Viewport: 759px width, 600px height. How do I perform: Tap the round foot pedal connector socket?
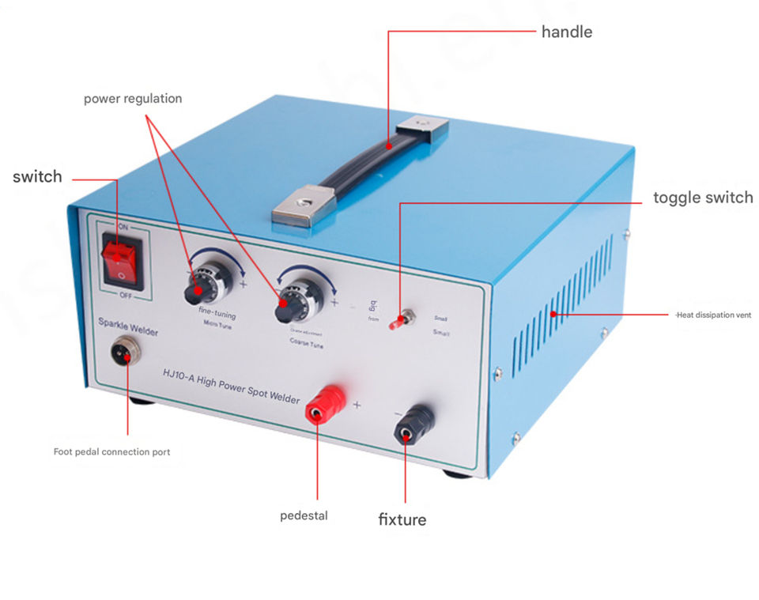click(124, 349)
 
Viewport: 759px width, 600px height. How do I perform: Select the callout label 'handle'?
click(566, 32)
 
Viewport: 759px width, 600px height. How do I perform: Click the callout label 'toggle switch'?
click(703, 198)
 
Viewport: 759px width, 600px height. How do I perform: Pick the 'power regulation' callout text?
click(133, 99)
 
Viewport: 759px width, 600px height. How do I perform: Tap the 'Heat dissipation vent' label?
click(713, 315)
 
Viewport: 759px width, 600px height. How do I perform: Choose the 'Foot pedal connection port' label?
click(111, 452)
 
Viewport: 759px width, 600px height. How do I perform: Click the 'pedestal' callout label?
click(304, 516)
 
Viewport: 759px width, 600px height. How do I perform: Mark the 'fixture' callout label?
click(402, 519)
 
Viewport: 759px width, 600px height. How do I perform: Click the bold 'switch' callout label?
click(37, 176)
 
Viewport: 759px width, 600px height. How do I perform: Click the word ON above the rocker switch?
click(123, 226)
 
